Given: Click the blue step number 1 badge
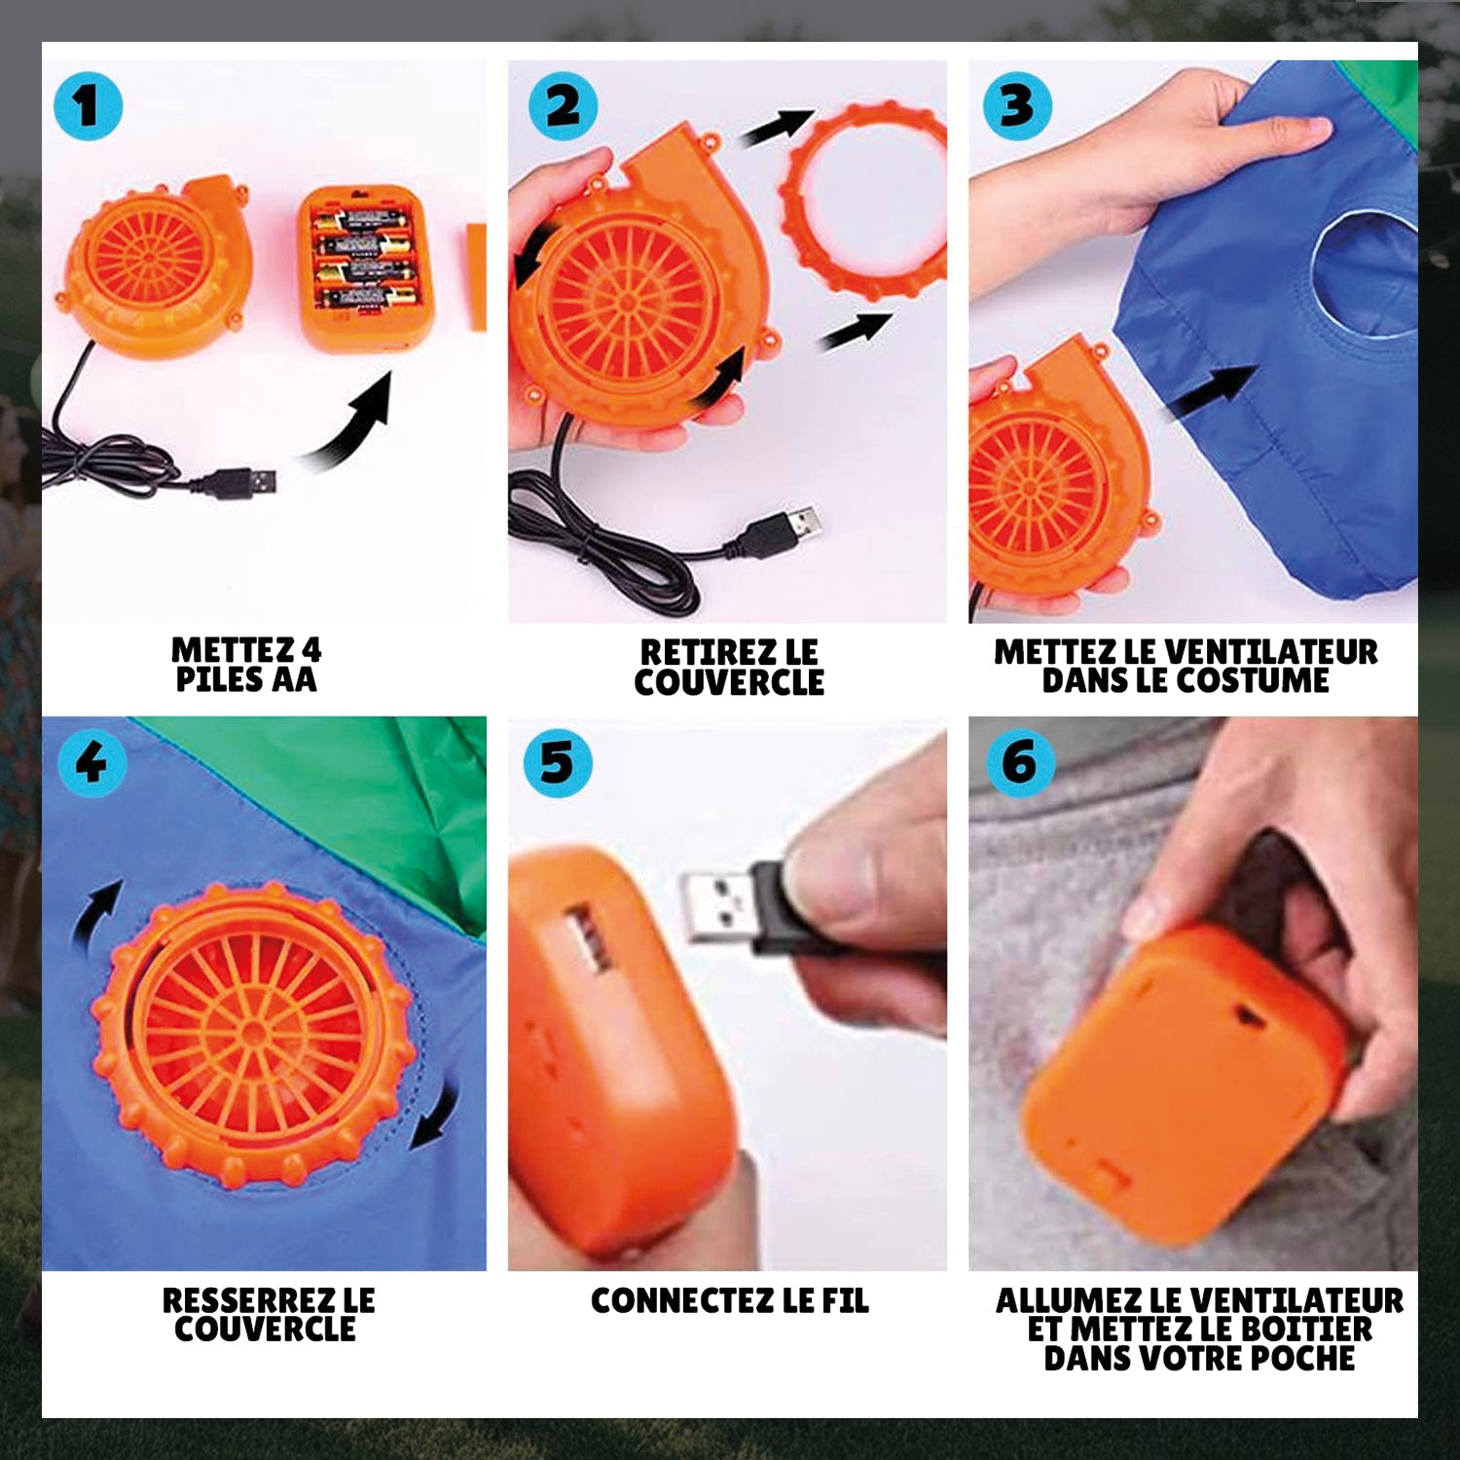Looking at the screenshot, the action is [x=88, y=105].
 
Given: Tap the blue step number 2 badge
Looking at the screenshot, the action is [x=563, y=105].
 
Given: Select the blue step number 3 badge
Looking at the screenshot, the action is [x=1017, y=105].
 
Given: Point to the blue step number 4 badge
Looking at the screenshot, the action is [x=91, y=762].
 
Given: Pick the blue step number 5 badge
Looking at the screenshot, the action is [x=557, y=762].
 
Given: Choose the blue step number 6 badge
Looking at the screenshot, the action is [x=1020, y=762].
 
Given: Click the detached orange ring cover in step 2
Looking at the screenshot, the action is [x=862, y=200].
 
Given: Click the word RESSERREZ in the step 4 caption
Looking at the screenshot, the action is [x=237, y=1300].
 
